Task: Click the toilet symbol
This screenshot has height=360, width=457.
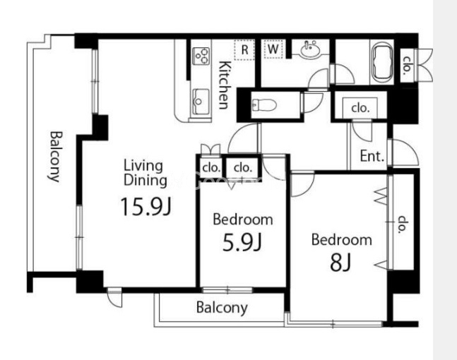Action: tap(263, 105)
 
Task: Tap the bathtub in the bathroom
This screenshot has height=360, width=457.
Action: tap(382, 63)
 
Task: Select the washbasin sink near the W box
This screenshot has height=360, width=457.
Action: tap(310, 49)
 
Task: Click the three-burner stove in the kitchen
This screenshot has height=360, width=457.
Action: tap(201, 56)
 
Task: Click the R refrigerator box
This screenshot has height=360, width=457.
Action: tap(244, 50)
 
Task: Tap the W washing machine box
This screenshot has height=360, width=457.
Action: tap(273, 49)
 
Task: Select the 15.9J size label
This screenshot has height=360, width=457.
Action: tap(146, 207)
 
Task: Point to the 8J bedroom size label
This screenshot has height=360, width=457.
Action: tap(340, 263)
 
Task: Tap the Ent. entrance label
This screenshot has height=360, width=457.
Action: tap(372, 156)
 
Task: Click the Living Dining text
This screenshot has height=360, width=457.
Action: tap(146, 173)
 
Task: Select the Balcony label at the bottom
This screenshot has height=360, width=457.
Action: tap(222, 308)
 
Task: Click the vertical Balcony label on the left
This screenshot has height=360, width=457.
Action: tap(55, 157)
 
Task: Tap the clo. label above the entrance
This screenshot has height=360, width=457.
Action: tap(360, 108)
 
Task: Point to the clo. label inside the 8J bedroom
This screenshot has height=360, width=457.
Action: tap(403, 224)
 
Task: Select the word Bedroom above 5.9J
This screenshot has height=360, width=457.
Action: tap(243, 220)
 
